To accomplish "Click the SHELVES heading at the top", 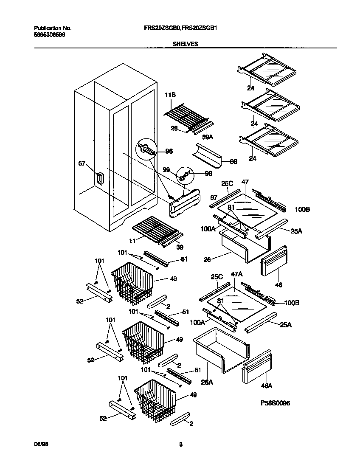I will coord(186,43).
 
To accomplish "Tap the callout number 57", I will coord(82,163).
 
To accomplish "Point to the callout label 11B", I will coord(170,96).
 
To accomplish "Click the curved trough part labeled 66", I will coord(208,155).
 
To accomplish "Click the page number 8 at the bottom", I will coord(180,444).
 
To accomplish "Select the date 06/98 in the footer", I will coord(39,444).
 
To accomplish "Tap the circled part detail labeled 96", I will coord(146,149).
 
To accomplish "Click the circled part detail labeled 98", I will coord(185,174).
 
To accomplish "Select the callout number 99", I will coord(166,169).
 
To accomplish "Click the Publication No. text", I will coord(53,28).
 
